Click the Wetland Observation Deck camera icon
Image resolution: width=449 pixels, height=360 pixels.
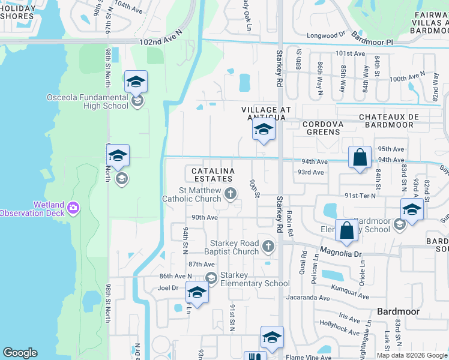[73, 208]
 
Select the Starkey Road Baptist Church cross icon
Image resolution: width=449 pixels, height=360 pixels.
[268, 246]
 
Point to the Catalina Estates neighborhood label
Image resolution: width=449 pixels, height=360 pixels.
[212, 175]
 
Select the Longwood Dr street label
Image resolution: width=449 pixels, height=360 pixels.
[327, 35]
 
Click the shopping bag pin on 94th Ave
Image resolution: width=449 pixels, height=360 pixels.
[360, 158]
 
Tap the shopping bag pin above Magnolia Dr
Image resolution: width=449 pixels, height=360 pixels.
[348, 231]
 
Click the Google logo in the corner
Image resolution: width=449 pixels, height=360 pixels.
[20, 353]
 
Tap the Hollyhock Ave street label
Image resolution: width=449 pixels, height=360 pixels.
[337, 327]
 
